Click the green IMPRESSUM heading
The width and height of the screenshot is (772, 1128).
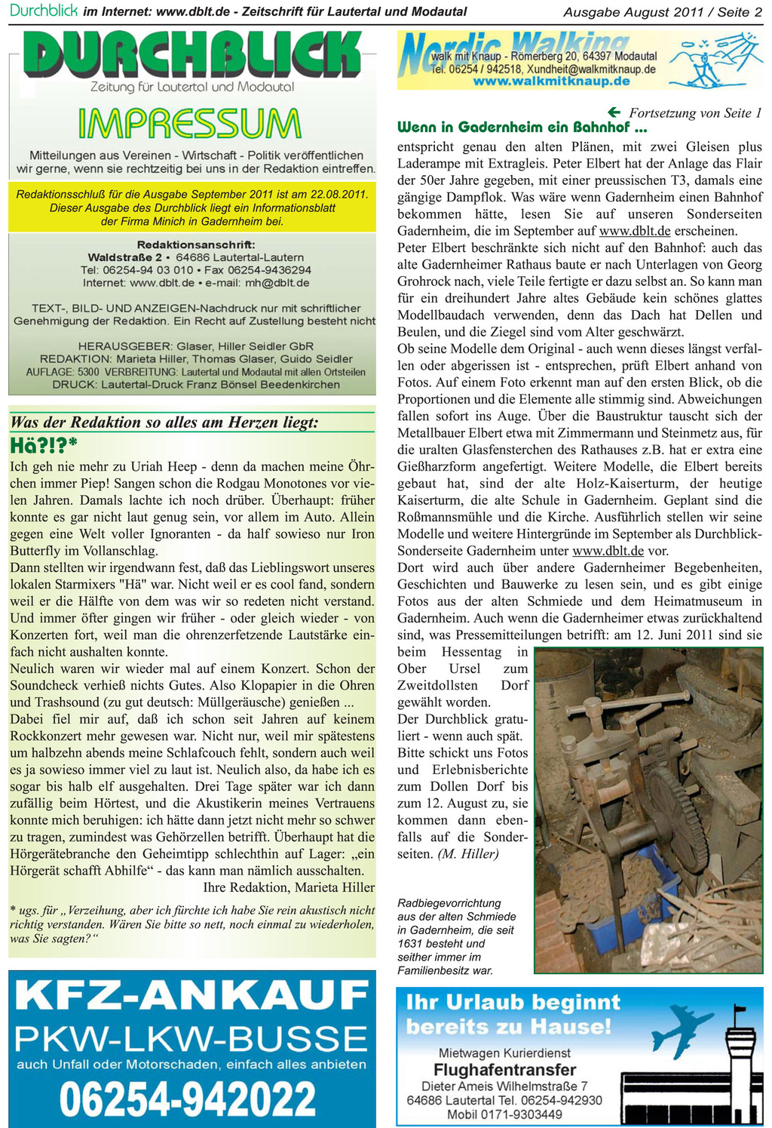[188, 124]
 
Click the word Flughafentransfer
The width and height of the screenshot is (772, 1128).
[504, 1070]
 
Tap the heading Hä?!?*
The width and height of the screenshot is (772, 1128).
[44, 446]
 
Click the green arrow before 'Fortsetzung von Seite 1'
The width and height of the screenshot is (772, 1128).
[614, 112]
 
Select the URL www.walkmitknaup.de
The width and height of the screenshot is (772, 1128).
[551, 81]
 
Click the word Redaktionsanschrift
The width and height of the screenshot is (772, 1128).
[196, 244]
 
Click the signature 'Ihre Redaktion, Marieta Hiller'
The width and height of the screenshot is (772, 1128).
[289, 887]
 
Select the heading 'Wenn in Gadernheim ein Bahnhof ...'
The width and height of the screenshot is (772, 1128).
[522, 127]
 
